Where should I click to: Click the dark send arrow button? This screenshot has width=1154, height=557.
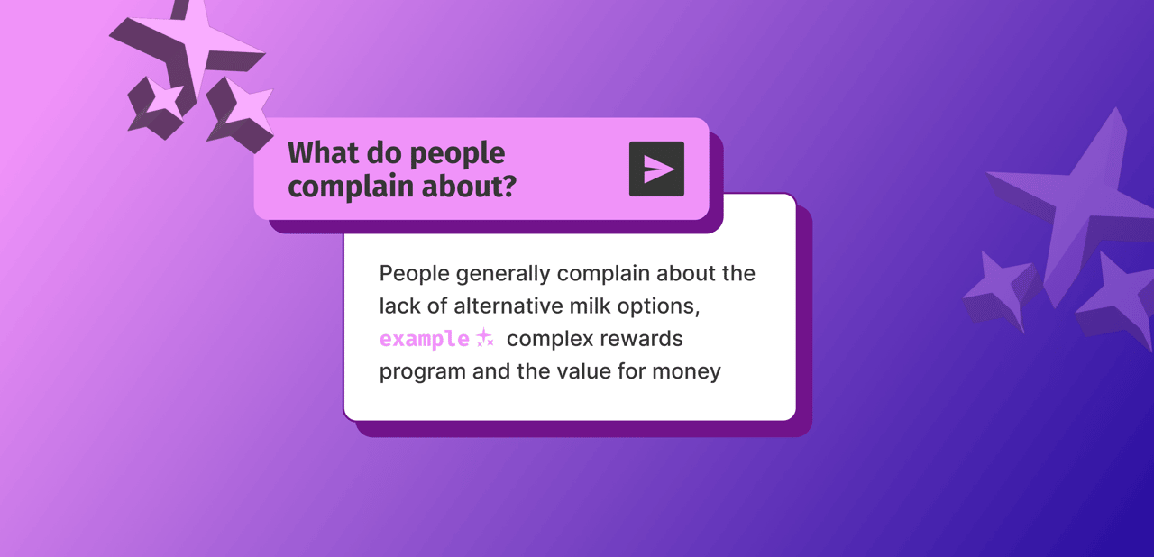click(x=656, y=169)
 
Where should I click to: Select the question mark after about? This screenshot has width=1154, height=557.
click(x=509, y=187)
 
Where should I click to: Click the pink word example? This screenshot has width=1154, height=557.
click(x=424, y=339)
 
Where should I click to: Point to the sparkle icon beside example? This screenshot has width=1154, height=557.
click(x=484, y=339)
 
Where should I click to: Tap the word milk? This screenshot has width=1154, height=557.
click(x=590, y=306)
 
